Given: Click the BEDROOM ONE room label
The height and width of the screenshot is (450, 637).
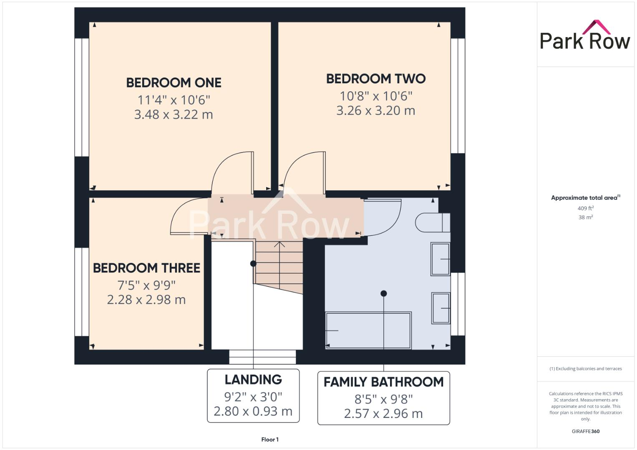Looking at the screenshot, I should (174, 83).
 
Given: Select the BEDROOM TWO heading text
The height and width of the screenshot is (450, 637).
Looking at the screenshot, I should (375, 79).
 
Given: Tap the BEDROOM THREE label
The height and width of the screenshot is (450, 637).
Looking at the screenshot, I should (146, 268).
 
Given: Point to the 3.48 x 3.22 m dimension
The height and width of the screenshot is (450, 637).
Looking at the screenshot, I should (174, 115).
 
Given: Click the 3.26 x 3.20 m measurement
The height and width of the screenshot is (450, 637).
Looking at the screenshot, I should (375, 110).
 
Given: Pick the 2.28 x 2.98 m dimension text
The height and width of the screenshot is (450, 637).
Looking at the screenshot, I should (146, 300).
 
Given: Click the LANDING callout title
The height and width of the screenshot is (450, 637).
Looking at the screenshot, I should (253, 380).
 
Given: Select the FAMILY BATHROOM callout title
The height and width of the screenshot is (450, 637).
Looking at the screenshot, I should (383, 382).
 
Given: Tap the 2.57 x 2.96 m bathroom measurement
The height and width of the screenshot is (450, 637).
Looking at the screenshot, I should (383, 414).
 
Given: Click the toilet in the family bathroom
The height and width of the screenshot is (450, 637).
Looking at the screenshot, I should (432, 222).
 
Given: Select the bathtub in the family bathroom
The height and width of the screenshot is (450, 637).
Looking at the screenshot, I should (368, 330).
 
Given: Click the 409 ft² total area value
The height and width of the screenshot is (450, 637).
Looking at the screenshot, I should (585, 208).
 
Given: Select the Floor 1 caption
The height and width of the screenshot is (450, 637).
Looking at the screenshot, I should (270, 440).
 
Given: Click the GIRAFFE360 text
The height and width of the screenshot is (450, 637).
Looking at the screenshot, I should (585, 431).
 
